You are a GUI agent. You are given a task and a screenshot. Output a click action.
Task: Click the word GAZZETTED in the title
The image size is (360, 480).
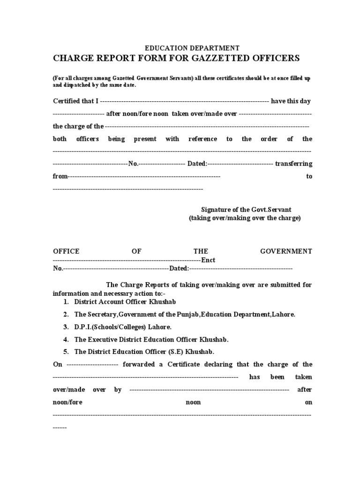click(223, 58)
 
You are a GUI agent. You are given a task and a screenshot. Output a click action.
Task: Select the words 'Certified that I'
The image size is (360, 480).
click(75, 101)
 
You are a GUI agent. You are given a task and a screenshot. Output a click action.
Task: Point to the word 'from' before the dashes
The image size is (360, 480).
click(60, 177)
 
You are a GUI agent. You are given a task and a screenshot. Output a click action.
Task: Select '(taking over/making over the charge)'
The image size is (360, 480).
click(245, 218)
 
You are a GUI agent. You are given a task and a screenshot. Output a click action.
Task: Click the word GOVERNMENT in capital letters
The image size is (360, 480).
click(286, 251)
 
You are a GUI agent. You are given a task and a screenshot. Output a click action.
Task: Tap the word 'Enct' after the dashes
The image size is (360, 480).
click(208, 260)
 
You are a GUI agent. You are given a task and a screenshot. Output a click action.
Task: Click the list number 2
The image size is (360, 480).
click(66, 315)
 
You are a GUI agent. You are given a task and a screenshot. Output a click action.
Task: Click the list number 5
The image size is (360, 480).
click(66, 352)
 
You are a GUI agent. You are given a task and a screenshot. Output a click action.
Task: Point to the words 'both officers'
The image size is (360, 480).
click(75, 139)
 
